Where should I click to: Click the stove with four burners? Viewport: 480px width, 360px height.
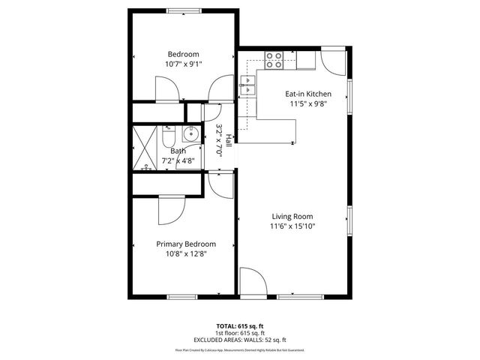pyautogui.click(x=274, y=59)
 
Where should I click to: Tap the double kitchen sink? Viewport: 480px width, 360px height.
pyautogui.click(x=247, y=87)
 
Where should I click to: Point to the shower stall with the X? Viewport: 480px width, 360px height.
pyautogui.click(x=145, y=148)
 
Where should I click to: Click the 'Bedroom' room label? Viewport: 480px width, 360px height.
pyautogui.click(x=183, y=54)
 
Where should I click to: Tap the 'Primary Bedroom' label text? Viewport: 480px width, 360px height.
pyautogui.click(x=185, y=244)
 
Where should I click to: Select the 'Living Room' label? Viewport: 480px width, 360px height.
pyautogui.click(x=292, y=216)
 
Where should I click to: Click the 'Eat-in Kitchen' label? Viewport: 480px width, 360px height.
pyautogui.click(x=308, y=94)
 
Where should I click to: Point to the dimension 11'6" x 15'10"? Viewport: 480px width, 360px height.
pyautogui.click(x=292, y=226)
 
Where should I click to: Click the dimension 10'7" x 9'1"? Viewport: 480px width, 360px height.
pyautogui.click(x=183, y=64)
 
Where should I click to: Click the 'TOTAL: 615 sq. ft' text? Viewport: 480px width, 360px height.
pyautogui.click(x=240, y=326)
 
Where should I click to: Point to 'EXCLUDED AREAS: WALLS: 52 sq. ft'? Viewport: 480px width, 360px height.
pyautogui.click(x=240, y=340)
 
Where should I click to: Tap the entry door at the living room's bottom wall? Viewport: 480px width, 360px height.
pyautogui.click(x=253, y=281)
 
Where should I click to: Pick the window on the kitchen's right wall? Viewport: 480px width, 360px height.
pyautogui.click(x=349, y=102)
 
